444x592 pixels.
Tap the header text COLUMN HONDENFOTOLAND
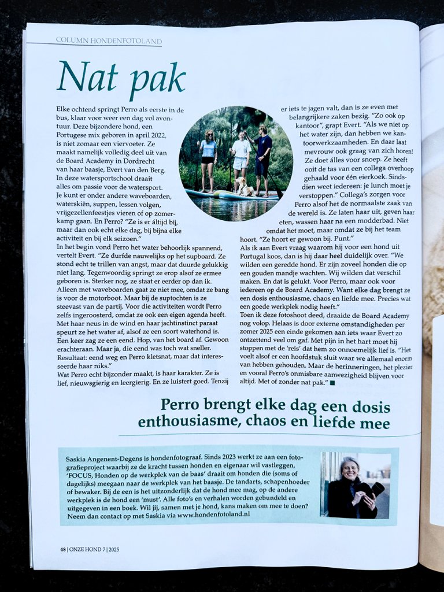click(109, 40)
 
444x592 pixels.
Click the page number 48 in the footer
click(62, 549)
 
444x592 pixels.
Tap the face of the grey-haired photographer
click(350, 469)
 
